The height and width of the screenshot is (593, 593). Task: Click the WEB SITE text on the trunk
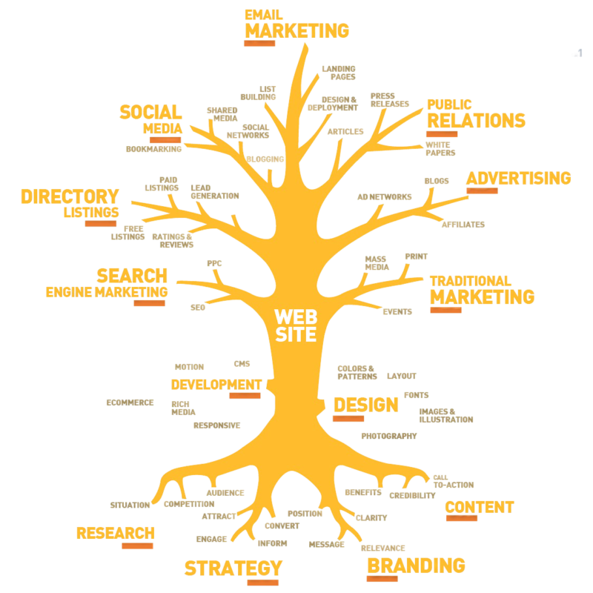(296, 325)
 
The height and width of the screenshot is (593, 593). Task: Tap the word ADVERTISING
(518, 178)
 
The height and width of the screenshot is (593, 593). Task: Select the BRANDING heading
(416, 566)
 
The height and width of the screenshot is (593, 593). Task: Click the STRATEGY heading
(233, 568)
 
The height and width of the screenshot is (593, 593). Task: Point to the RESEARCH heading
(116, 533)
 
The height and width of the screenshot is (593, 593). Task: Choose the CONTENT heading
(480, 507)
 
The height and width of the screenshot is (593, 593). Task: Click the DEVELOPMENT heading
(216, 385)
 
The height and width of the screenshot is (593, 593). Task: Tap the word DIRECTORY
(70, 196)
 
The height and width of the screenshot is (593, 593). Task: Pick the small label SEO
(198, 308)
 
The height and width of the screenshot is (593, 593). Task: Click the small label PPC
(214, 263)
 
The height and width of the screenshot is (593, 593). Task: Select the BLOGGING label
(265, 159)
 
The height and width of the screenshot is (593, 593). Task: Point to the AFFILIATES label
(463, 225)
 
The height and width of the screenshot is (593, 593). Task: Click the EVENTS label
(397, 311)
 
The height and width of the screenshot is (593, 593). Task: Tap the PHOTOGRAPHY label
(389, 436)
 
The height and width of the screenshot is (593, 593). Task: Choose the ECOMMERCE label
(130, 402)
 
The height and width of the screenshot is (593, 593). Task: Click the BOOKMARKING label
(154, 149)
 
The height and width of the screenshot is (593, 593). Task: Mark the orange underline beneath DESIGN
(348, 419)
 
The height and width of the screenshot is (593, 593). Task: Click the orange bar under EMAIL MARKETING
(259, 43)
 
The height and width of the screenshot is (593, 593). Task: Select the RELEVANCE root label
(383, 548)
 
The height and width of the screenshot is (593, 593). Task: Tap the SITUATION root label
(130, 505)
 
